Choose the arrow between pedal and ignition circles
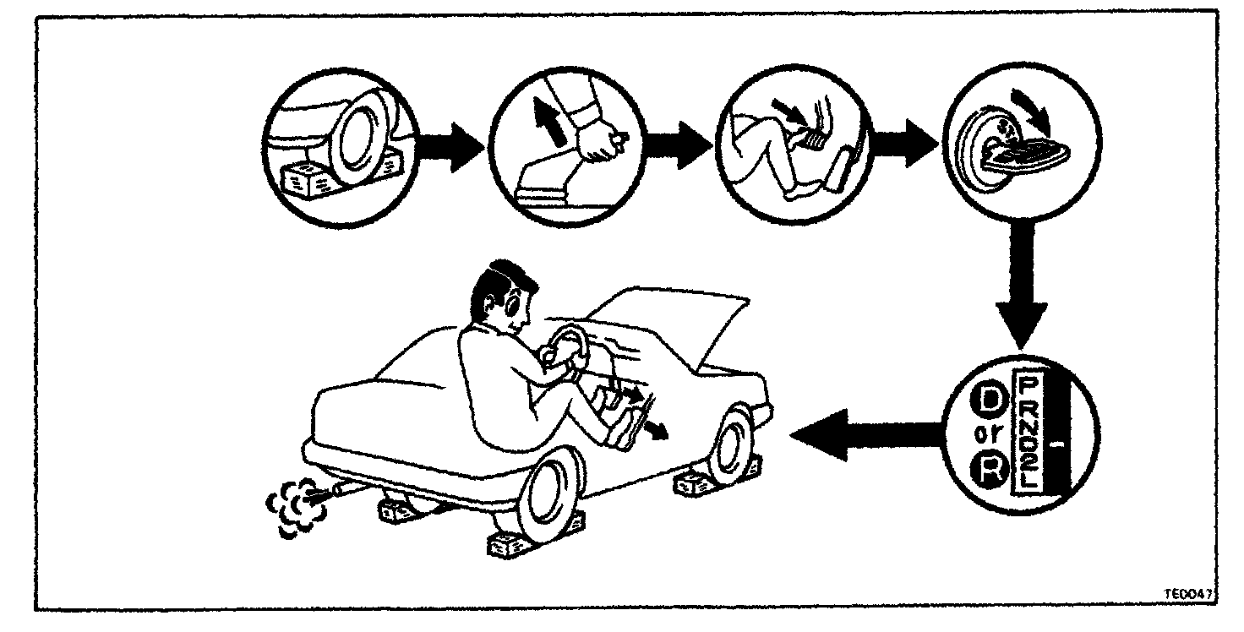pos(904,146)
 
